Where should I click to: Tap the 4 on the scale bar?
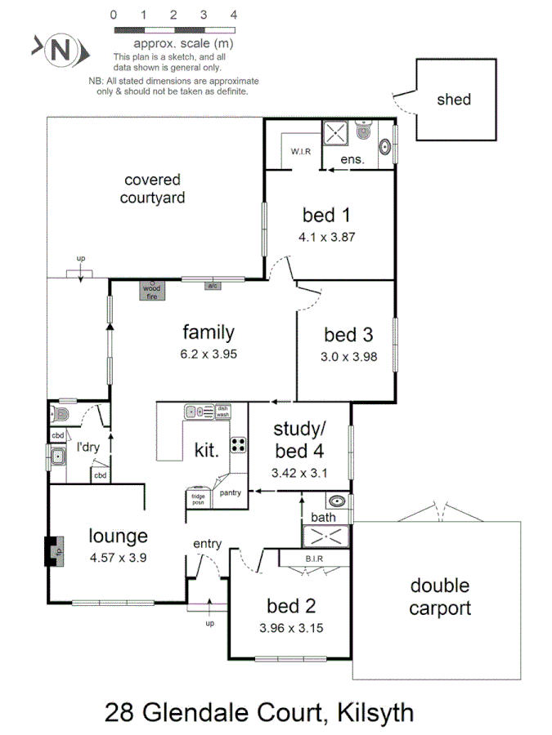[234, 15]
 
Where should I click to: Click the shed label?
[454, 100]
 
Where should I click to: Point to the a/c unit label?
[213, 286]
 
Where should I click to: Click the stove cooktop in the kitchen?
[239, 445]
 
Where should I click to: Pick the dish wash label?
[222, 412]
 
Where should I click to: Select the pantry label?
[230, 492]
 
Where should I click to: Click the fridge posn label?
[199, 497]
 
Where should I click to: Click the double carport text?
[439, 597]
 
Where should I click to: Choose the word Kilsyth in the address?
[368, 712]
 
